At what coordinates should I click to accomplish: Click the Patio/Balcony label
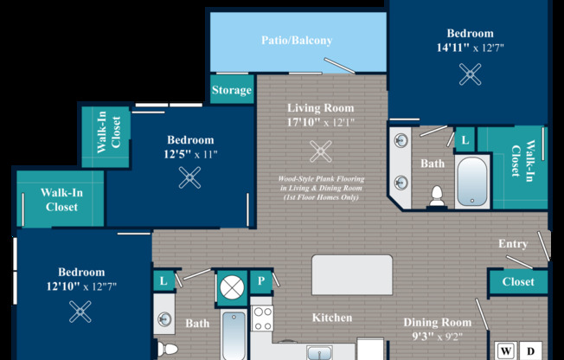pos(297,41)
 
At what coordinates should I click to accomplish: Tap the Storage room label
pos(232,90)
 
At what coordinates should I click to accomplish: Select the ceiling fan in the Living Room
pos(320,151)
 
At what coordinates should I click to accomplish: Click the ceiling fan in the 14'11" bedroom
pos(470,74)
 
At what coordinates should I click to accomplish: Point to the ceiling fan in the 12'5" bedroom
pos(189,177)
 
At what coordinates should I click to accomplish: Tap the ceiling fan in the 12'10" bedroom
pos(80,312)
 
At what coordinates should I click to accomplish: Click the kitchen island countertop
pos(352,275)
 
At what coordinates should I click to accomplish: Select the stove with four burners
pos(262,318)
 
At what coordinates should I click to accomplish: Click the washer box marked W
pos(506,351)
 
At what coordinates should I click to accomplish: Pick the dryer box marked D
pos(530,351)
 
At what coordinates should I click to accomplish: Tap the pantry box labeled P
pos(261,280)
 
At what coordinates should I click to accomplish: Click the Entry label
pos(513,244)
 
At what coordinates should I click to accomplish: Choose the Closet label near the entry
pos(518,281)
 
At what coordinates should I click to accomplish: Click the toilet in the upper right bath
pos(437,196)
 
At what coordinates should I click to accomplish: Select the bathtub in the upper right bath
pos(472,182)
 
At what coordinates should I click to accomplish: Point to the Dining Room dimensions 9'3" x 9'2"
pos(438,337)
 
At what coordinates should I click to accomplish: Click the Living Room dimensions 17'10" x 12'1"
pos(320,122)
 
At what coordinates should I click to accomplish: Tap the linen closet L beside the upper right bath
pos(465,139)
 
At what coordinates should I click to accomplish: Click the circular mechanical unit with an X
pos(232,287)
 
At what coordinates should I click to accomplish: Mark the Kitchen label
pos(332,318)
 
